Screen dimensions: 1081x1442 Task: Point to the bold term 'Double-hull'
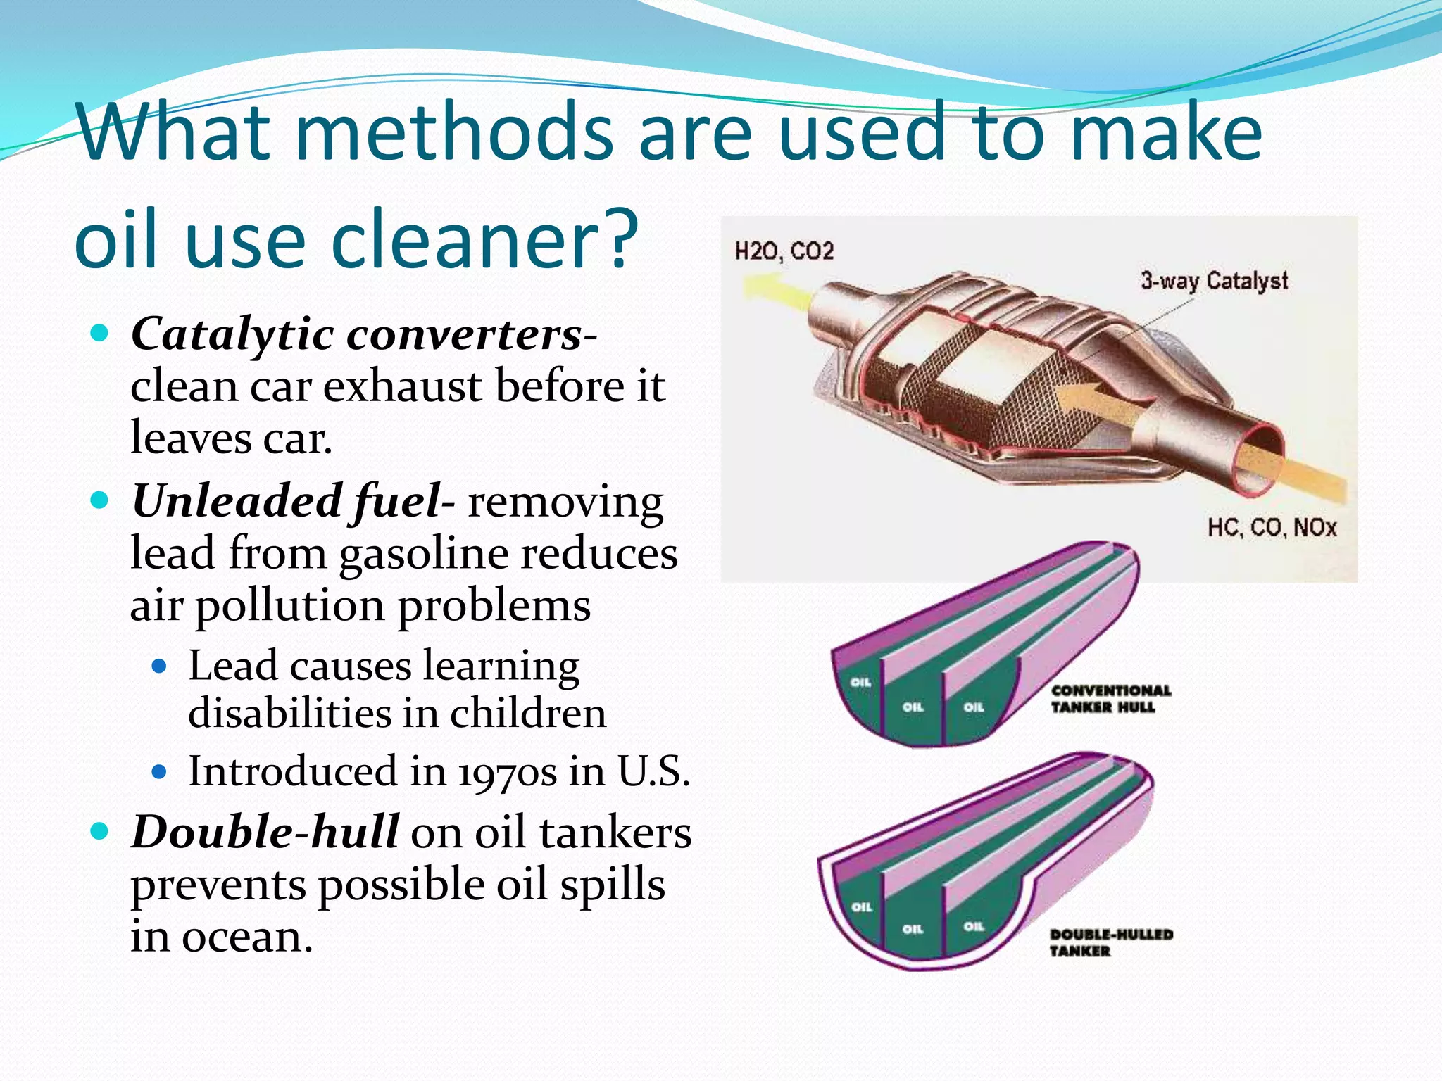265,832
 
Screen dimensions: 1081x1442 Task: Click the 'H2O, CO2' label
784,251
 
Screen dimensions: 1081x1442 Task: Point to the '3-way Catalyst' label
1214,281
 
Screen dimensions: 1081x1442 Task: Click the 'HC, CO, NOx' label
1271,527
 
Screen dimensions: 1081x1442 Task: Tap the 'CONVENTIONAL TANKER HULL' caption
1110,699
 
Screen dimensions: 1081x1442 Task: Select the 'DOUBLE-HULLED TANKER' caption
1110,942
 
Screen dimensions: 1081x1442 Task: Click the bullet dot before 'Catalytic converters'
100,333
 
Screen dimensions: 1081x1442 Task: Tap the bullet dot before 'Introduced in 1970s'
160,772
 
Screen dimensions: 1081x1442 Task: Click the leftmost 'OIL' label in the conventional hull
860,682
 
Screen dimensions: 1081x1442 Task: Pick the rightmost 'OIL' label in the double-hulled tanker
973,926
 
